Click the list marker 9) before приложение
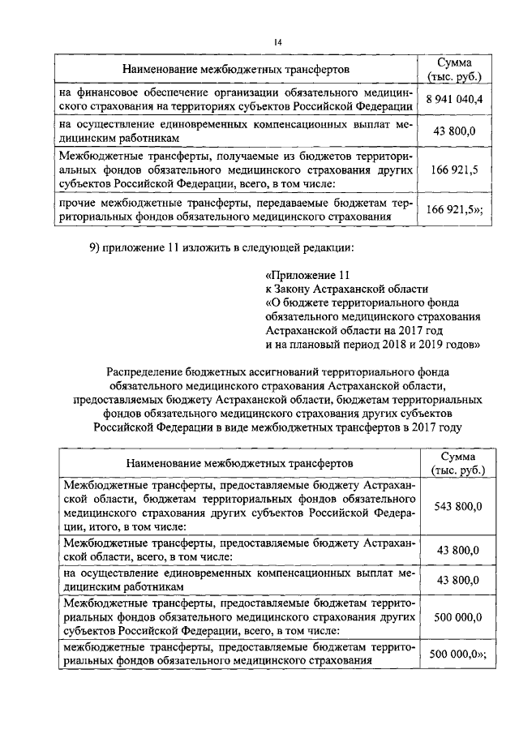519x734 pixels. tap(94, 247)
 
